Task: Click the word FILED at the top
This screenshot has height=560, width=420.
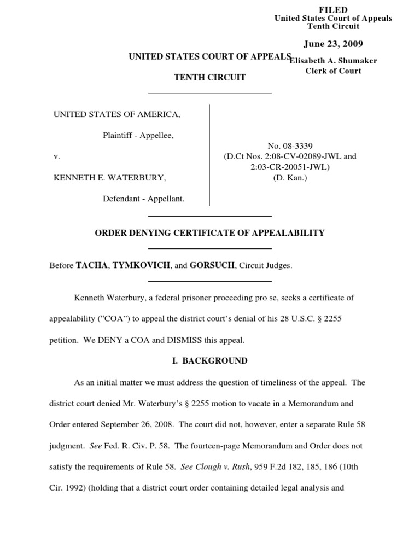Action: point(333,10)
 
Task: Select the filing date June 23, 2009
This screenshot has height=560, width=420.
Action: point(333,44)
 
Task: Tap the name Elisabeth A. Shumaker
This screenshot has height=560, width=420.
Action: point(333,61)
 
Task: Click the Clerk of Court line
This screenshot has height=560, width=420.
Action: point(333,71)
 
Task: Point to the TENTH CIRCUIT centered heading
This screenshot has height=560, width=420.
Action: point(209,78)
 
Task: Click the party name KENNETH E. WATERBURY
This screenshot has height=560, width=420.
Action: point(109,178)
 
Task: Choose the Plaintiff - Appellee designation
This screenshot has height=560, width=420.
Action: point(138,135)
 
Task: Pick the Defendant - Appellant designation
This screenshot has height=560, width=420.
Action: point(143,199)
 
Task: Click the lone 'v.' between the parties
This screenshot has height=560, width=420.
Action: point(56,156)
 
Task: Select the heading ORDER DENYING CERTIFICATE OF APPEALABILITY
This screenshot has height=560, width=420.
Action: point(209,233)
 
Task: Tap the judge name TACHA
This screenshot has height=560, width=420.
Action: point(92,265)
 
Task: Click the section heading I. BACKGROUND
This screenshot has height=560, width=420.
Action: point(209,361)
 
